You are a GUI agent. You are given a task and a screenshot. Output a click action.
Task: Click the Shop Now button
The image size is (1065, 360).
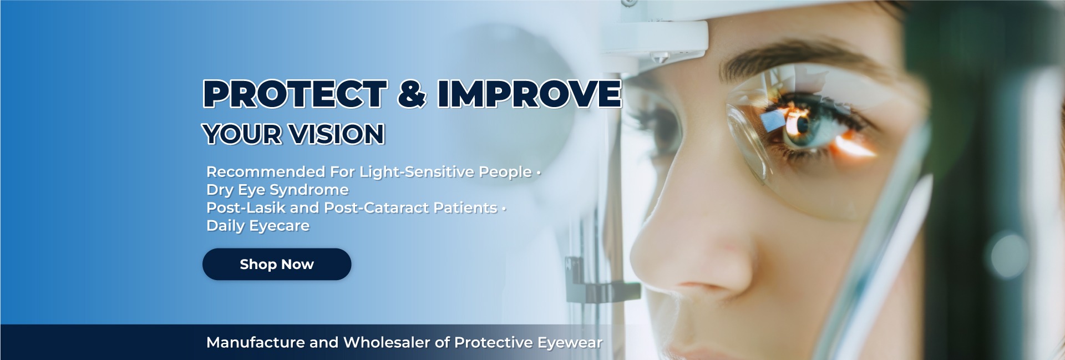(x=277, y=264)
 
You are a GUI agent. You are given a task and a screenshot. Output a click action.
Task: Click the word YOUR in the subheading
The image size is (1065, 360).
(x=242, y=134)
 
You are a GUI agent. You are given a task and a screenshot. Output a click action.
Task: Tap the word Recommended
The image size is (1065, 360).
(x=266, y=172)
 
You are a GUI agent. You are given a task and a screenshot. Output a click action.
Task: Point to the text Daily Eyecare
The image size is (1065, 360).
(x=258, y=226)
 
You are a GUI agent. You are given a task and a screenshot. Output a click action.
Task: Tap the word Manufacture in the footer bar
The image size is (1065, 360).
(x=256, y=343)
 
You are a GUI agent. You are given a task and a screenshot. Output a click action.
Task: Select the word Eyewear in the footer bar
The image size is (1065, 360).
(x=570, y=343)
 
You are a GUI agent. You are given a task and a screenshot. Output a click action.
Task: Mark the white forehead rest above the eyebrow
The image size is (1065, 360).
(x=660, y=33)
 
